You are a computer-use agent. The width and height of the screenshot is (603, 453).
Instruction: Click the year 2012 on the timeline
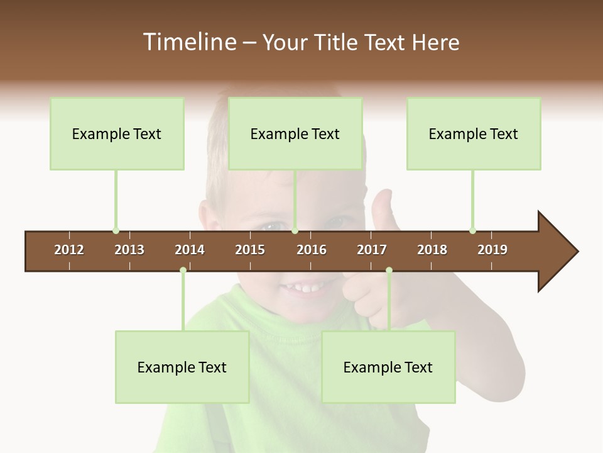point(69,250)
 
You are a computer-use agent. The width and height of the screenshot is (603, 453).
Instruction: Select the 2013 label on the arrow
point(129,250)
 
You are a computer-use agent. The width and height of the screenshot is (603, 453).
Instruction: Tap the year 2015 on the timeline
point(250,250)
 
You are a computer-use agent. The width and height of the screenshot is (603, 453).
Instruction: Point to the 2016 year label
point(312,250)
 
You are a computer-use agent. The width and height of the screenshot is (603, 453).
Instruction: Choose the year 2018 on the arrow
point(432,250)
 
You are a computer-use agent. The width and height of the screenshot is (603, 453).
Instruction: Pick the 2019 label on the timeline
point(492,250)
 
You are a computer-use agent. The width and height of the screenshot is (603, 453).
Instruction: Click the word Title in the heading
point(338,42)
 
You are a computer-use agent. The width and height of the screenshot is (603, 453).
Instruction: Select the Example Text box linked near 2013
point(117,133)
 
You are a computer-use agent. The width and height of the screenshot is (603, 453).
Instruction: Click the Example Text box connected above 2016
point(295,133)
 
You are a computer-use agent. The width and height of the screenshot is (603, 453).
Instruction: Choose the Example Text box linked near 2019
point(473,133)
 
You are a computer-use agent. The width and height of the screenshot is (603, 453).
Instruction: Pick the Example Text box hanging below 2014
point(182,367)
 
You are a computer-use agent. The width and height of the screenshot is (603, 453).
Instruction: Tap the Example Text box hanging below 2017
point(388,367)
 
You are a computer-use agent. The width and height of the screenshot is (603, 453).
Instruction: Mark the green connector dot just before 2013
point(116,230)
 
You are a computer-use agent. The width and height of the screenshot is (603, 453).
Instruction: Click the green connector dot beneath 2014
point(183,271)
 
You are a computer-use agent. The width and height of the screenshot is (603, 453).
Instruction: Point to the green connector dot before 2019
point(472,230)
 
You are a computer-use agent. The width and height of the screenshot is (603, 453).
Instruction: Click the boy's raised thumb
point(382,208)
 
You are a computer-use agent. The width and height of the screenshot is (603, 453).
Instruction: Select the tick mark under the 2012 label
point(69,266)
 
